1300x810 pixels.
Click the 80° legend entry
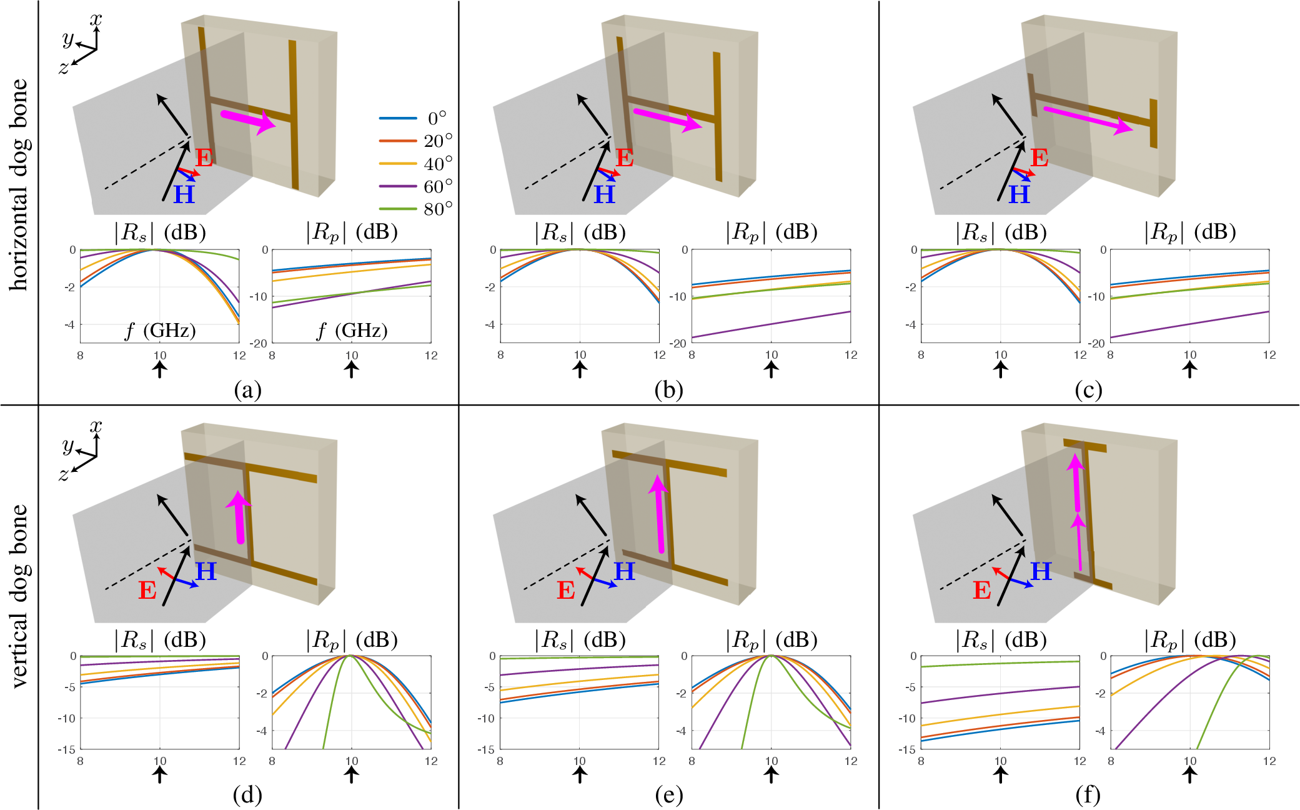415,209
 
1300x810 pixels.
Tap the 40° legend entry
415,164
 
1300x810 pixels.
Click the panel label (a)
247,390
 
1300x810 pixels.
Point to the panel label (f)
1088,795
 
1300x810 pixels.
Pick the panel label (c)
1088,390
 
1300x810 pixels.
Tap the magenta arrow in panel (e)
658,514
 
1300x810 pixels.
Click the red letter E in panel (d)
147,590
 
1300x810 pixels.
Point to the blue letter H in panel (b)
604,194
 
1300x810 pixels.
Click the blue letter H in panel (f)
1041,571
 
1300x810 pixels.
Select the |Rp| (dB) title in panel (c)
1190,232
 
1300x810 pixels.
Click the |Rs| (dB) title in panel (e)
580,640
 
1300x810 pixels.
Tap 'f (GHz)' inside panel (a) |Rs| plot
160,330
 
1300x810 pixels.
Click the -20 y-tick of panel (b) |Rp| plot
678,343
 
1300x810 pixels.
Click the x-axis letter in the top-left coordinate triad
96,19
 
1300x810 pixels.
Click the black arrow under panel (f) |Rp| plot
1190,774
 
